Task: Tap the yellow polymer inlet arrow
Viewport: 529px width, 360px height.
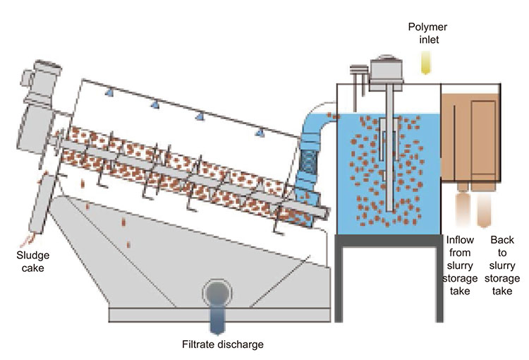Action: (427, 64)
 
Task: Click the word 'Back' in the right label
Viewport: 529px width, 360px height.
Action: (503, 240)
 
